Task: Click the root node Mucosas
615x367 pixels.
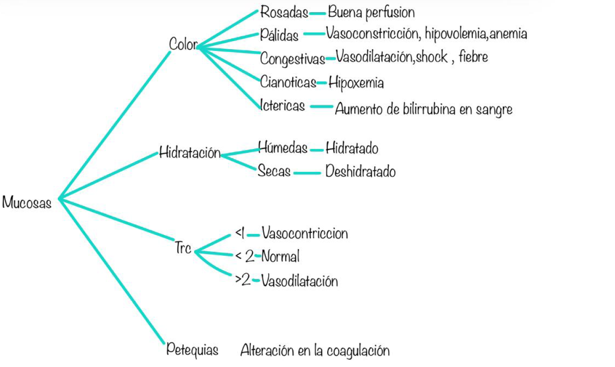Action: [x=27, y=202]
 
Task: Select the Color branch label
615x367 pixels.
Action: [x=183, y=44]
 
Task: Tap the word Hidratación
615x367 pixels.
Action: [x=190, y=152]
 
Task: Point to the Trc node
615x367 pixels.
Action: [x=183, y=248]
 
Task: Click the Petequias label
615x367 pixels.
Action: [x=192, y=350]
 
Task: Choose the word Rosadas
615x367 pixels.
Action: [x=284, y=12]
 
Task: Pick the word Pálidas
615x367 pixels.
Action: [x=279, y=35]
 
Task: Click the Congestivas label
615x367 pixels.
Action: [x=293, y=59]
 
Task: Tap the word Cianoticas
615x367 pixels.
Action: [x=288, y=82]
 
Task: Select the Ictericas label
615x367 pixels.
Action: [x=282, y=105]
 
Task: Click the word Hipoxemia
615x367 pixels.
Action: [x=356, y=83]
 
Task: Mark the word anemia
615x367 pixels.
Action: [x=508, y=34]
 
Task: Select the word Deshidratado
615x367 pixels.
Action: [x=361, y=171]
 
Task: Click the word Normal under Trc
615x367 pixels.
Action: [x=280, y=256]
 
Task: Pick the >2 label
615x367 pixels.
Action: [x=243, y=280]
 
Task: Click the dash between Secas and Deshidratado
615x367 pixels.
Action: [x=307, y=173]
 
